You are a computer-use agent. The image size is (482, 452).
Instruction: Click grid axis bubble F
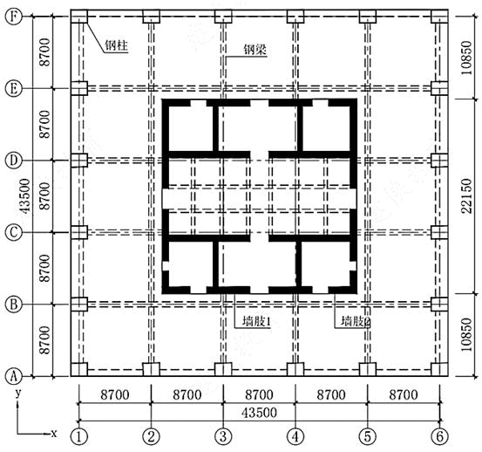tap(14, 17)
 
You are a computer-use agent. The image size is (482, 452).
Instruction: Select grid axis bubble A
tap(14, 376)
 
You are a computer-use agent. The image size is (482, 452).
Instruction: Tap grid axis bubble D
tap(14, 161)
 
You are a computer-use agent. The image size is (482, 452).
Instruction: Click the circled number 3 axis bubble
tap(223, 436)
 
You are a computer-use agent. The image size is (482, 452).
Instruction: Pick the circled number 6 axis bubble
tap(439, 436)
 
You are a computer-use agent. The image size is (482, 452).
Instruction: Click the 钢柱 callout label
tap(116, 46)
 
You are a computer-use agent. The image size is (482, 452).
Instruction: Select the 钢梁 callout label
tap(255, 50)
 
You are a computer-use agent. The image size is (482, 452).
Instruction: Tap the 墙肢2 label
tap(356, 321)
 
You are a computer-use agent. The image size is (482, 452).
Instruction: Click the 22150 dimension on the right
tap(466, 196)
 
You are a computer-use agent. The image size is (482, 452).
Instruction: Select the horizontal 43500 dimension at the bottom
tap(259, 413)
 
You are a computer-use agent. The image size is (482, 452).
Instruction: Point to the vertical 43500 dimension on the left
tap(25, 196)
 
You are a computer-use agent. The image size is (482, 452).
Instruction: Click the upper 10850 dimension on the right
tap(466, 58)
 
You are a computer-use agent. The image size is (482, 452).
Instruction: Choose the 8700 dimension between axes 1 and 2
tap(115, 394)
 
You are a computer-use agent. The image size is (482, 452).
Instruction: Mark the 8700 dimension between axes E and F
tap(44, 52)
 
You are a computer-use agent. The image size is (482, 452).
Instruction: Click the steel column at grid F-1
tap(79, 17)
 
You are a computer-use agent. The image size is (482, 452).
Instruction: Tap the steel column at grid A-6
tap(439, 369)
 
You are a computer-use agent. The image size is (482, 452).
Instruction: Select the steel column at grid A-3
tap(223, 369)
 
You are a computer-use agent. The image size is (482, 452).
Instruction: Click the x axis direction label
tap(54, 434)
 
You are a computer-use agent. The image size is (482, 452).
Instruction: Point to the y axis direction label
tap(18, 394)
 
